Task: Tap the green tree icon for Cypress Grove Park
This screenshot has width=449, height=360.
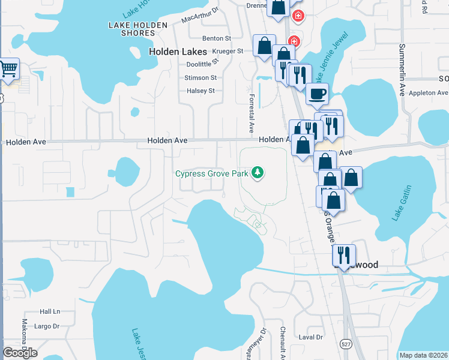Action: (x=258, y=173)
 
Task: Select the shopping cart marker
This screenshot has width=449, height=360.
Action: (x=8, y=69)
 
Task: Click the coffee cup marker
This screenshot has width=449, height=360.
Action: (x=317, y=94)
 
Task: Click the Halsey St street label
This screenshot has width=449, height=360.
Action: (x=200, y=91)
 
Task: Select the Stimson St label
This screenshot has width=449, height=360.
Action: (x=200, y=78)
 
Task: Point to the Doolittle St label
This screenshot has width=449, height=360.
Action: (x=203, y=64)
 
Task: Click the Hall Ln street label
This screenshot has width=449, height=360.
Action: (x=50, y=311)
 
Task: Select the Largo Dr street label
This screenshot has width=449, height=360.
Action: (x=47, y=326)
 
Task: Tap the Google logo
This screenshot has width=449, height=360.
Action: (x=20, y=353)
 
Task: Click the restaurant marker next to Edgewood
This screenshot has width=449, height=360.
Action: (x=343, y=254)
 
